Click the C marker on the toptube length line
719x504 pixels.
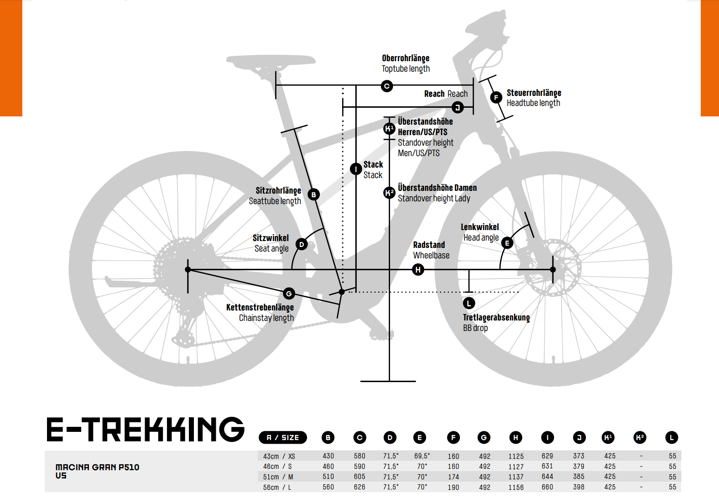click(387, 86)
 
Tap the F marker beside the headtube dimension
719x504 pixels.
click(496, 97)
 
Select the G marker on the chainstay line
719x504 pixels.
click(289, 294)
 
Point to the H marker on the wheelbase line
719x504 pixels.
click(418, 269)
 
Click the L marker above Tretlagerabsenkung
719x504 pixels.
click(469, 303)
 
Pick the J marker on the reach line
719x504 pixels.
click(458, 107)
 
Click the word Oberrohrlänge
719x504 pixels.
click(406, 58)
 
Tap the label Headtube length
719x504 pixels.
click(533, 103)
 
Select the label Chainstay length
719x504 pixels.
click(266, 318)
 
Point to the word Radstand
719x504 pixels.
click(429, 245)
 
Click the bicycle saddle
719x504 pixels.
click(271, 61)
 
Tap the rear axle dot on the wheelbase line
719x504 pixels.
click(188, 269)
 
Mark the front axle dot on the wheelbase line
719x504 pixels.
click(553, 269)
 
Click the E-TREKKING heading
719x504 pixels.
click(146, 430)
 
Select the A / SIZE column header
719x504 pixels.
click(283, 437)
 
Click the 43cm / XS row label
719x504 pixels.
click(279, 456)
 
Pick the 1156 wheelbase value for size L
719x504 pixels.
click(516, 487)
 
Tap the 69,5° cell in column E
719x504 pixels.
click(422, 456)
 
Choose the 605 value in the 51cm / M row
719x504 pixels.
click(359, 477)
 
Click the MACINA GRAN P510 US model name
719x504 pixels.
click(97, 471)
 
